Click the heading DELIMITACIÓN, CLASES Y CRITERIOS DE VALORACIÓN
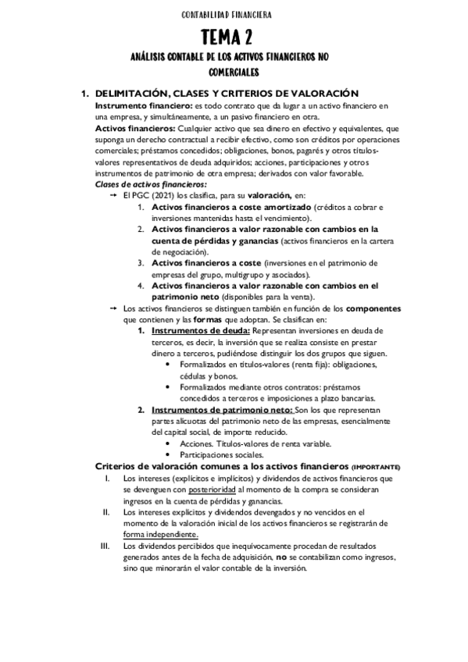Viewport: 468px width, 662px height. pyautogui.click(x=227, y=94)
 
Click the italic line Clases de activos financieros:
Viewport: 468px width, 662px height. pyautogui.click(x=140, y=184)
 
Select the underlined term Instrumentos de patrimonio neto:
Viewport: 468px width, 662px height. pyautogui.click(x=221, y=411)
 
